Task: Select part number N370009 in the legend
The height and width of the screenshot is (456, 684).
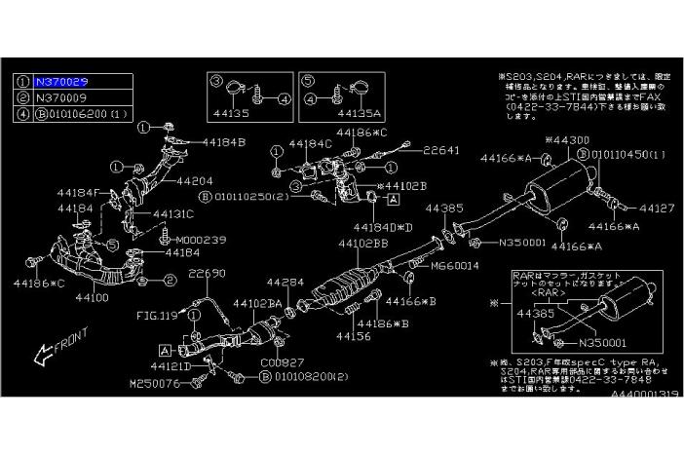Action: click(x=63, y=99)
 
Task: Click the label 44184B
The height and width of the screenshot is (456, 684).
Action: click(x=226, y=142)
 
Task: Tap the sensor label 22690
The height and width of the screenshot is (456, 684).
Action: click(x=208, y=274)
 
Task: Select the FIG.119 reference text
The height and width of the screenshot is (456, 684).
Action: click(x=155, y=316)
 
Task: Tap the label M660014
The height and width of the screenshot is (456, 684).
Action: click(x=456, y=264)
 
